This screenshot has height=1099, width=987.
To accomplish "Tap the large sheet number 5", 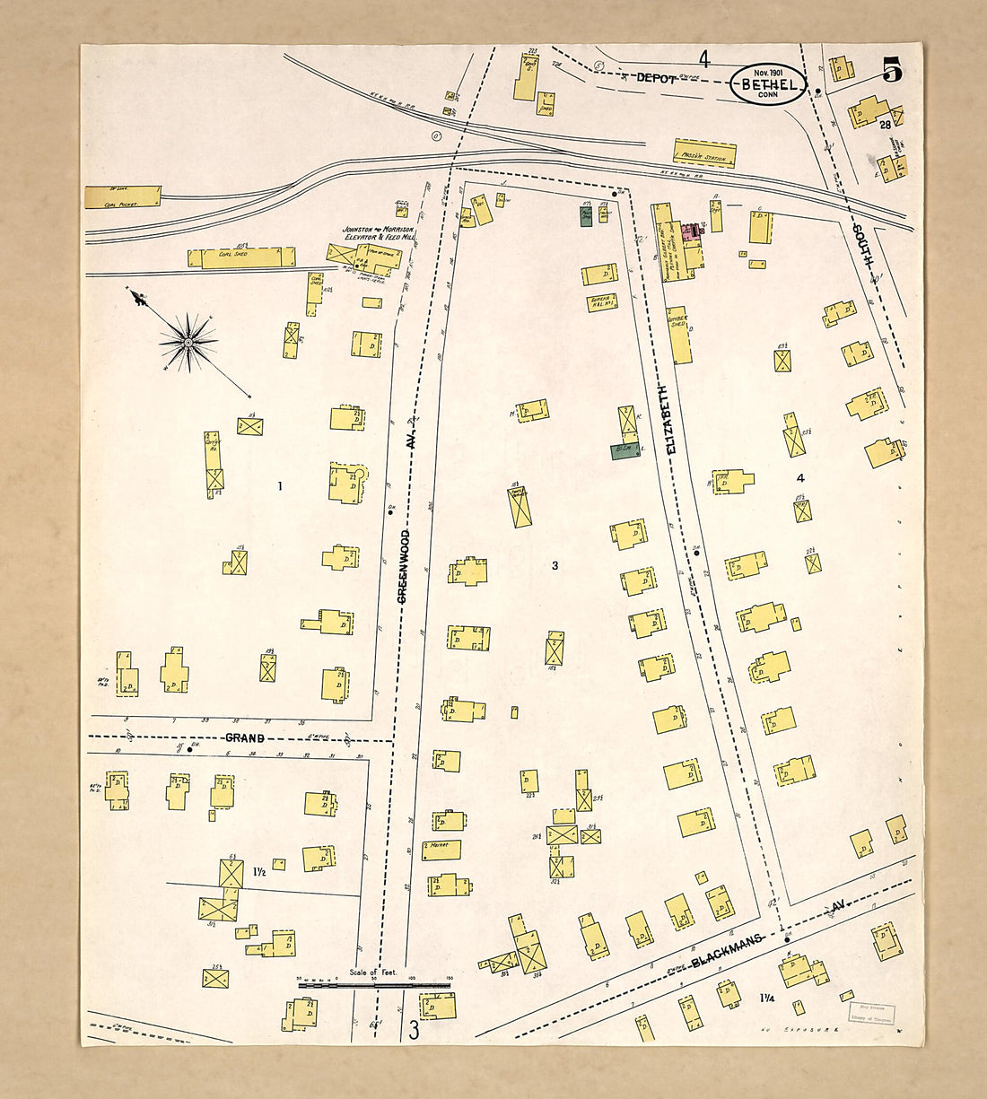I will [x=891, y=70].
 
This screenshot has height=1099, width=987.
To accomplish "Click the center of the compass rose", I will [x=188, y=342].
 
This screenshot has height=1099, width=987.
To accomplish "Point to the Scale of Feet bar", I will [x=374, y=985].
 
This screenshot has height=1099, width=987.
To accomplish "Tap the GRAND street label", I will [x=244, y=738].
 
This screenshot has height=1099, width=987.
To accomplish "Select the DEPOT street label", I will [x=656, y=78].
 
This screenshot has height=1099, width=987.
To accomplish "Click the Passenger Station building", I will [x=704, y=153].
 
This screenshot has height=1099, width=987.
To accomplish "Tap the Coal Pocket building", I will [x=123, y=197].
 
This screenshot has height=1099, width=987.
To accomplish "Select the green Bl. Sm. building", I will [x=625, y=450].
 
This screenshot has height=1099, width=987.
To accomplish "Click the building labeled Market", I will [x=441, y=849].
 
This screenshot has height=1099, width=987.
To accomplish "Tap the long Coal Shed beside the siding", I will [x=240, y=257].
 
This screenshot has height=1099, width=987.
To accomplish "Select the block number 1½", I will [x=258, y=871].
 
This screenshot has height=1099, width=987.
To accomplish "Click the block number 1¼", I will [x=768, y=998].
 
